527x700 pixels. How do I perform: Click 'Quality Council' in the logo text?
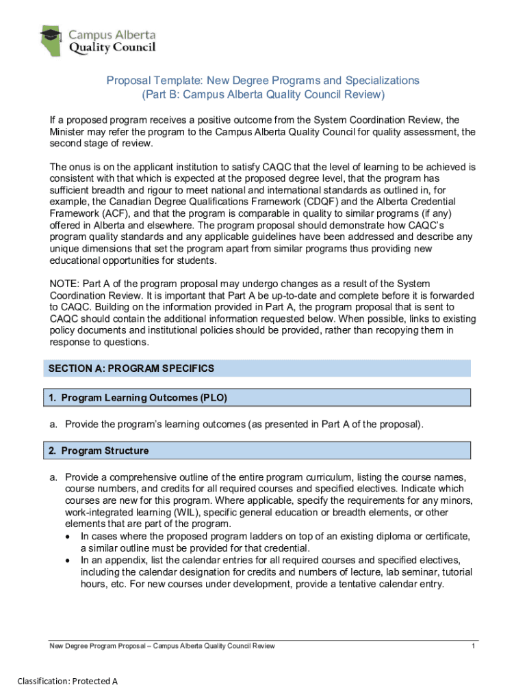[112, 47]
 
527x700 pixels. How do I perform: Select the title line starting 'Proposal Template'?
[263, 81]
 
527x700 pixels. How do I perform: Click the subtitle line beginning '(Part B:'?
[263, 94]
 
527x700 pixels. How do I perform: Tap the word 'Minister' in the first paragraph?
[69, 131]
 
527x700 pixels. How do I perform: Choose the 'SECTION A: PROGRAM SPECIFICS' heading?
[131, 368]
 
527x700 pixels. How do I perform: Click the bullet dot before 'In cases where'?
[69, 537]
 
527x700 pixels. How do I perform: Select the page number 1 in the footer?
[473, 646]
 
